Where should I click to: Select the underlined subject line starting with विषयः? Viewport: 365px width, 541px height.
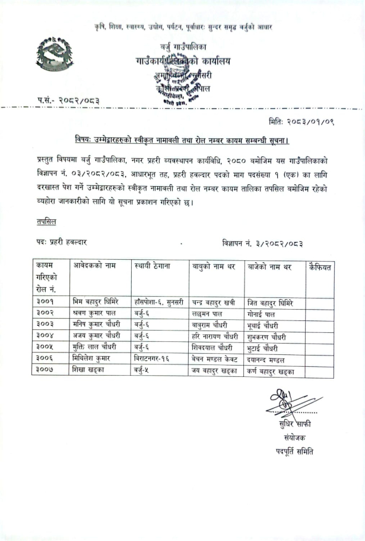(x=182, y=140)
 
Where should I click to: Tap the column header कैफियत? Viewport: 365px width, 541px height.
(x=320, y=266)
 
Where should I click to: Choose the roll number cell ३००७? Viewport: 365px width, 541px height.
(x=45, y=370)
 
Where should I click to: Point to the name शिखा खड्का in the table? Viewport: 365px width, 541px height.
(x=90, y=370)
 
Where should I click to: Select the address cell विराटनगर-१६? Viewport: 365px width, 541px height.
(x=155, y=359)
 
